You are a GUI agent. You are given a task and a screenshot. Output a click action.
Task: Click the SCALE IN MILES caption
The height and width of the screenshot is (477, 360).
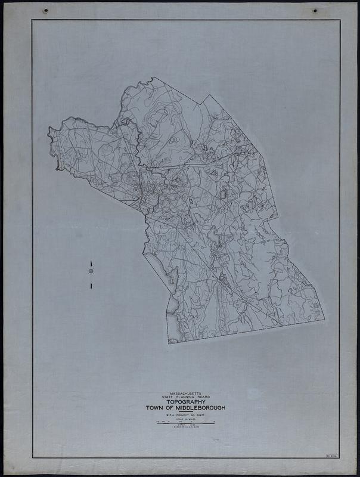point(184,420)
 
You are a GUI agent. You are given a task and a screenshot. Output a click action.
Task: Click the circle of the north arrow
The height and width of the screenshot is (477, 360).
point(91,271)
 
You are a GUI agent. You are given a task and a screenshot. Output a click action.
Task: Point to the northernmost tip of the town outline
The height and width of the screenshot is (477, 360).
point(152,78)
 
